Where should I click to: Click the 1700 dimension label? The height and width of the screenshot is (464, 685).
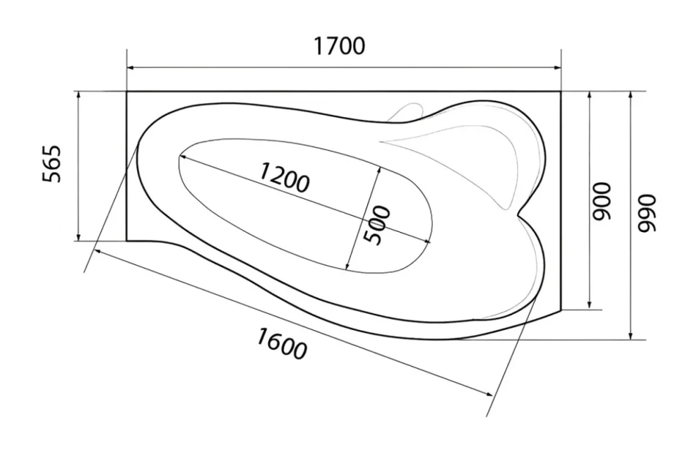coord(340,47)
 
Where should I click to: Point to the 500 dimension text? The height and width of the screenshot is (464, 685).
coord(377,224)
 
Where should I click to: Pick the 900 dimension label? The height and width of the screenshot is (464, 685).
coord(600,200)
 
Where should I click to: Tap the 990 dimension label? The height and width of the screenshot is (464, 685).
coord(647,213)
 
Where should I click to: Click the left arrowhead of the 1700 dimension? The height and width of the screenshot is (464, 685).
coord(130,68)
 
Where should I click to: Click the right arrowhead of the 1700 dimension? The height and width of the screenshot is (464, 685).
coord(557,68)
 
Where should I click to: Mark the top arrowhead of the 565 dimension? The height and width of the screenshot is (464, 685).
coord(78,95)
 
